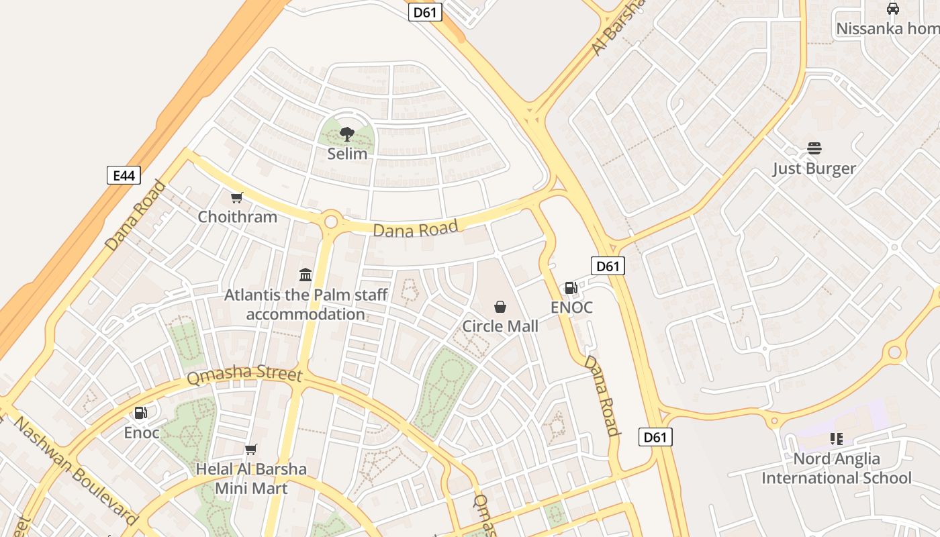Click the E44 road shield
tap(124, 176)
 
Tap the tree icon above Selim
tap(347, 134)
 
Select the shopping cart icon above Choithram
tap(236, 197)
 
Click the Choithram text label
tap(237, 217)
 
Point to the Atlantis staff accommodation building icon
tap(305, 275)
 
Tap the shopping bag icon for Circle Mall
tap(500, 307)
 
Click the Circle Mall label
tap(500, 326)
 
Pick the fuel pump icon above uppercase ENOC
tap(571, 288)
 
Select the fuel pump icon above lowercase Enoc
tap(141, 413)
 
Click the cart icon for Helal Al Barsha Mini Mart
tap(251, 449)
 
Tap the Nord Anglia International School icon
tap(836, 439)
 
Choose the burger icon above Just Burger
tap(814, 148)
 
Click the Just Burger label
tap(814, 168)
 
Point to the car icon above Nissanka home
tap(892, 9)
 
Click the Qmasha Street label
tap(244, 375)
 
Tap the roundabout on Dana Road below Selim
tap(331, 222)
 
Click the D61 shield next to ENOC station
tap(608, 266)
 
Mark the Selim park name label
tap(347, 154)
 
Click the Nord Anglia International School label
tap(837, 469)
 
